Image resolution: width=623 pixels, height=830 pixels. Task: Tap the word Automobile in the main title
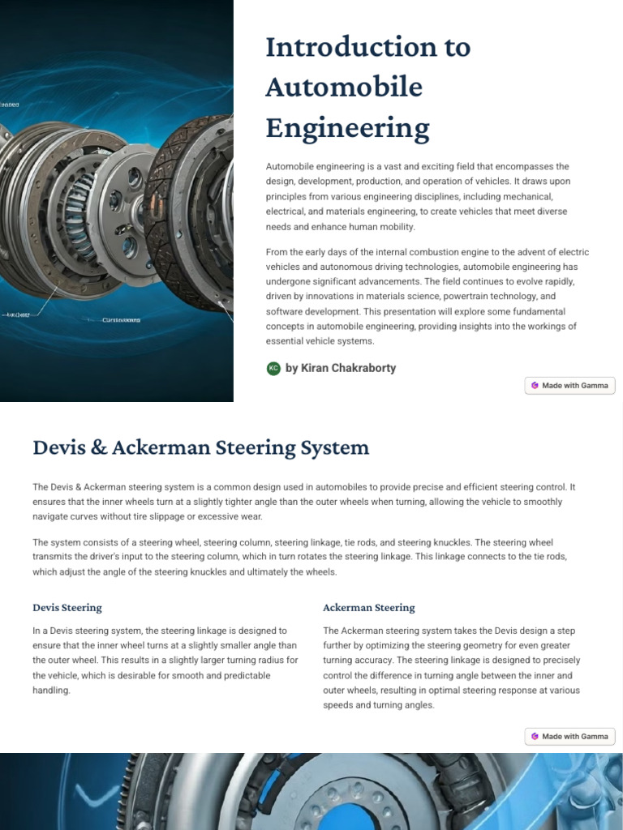click(x=345, y=88)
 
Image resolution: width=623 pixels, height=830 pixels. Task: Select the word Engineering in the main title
click(x=347, y=128)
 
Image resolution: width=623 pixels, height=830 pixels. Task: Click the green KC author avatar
click(x=273, y=369)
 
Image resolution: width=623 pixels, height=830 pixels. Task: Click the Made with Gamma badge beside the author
click(x=569, y=386)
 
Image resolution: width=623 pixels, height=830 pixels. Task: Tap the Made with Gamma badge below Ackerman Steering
click(x=569, y=737)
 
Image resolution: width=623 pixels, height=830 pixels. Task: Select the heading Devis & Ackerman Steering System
click(x=200, y=447)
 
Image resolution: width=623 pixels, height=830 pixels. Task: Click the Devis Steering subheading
click(x=67, y=607)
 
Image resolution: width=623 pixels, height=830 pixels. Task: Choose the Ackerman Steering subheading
click(x=368, y=607)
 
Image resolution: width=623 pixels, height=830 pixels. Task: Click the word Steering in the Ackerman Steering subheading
click(x=393, y=607)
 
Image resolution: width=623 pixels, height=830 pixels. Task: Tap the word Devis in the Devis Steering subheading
click(x=46, y=607)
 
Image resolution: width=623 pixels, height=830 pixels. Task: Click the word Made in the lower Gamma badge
click(x=552, y=737)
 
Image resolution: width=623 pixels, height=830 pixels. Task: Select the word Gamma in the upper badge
click(x=594, y=386)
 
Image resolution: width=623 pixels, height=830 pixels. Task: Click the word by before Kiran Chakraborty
click(x=292, y=368)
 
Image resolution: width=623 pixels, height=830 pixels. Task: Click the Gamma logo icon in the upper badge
click(x=535, y=386)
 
